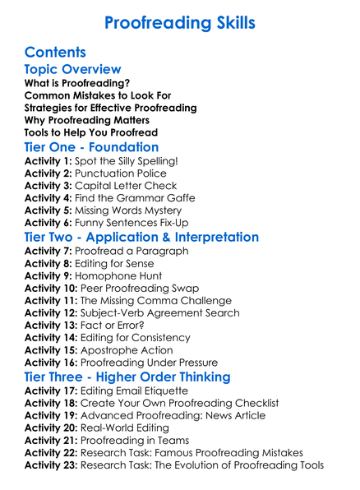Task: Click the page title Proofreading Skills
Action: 179,21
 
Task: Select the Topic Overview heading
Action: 72,70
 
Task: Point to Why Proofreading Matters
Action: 85,120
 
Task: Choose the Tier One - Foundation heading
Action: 91,147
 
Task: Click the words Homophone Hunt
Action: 121,275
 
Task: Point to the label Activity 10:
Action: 52,288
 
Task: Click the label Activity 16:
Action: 52,363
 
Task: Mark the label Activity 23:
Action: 52,465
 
